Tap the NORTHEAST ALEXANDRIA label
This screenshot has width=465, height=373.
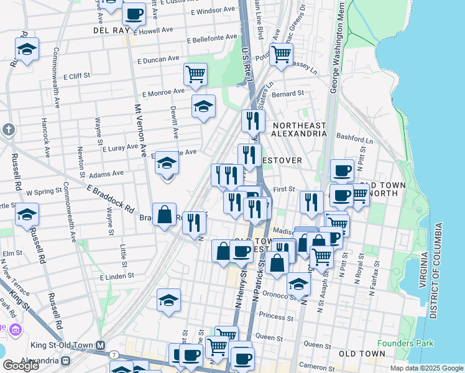[299, 129]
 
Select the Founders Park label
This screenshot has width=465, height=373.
[403, 343]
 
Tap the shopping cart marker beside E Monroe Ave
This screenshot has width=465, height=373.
[195, 75]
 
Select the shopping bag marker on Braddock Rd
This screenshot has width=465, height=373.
[164, 215]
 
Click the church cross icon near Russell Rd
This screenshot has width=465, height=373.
[7, 129]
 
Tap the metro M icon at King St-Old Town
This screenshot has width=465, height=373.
[99, 345]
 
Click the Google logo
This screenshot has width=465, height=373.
[21, 365]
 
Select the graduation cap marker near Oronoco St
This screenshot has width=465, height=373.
[298, 283]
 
